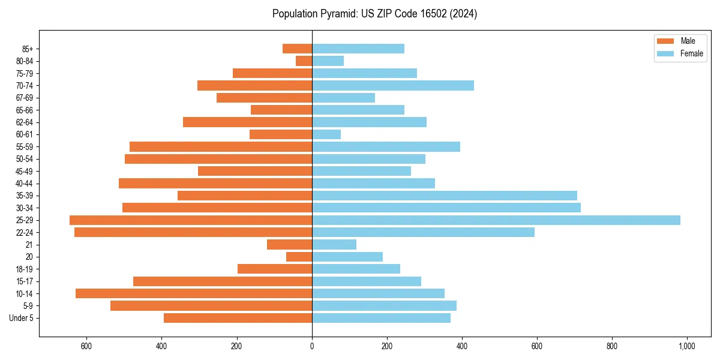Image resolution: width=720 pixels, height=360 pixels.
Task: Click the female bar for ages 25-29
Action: pyautogui.click(x=496, y=220)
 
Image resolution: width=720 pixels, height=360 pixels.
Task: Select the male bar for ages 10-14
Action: pyautogui.click(x=194, y=293)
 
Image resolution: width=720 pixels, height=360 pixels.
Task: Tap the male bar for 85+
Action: pyautogui.click(x=297, y=49)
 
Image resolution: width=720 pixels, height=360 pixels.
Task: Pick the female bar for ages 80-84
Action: pyautogui.click(x=328, y=61)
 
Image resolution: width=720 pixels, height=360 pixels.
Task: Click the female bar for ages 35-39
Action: pyautogui.click(x=444, y=196)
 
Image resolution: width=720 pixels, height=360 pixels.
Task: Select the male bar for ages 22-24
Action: pyautogui.click(x=193, y=232)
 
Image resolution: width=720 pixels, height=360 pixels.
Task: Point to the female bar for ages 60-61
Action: pyautogui.click(x=326, y=134)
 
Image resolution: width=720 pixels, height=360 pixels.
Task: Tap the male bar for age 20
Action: pyautogui.click(x=299, y=257)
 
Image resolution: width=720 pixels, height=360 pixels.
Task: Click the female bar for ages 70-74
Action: pyautogui.click(x=393, y=85)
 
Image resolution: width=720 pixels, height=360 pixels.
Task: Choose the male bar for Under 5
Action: pyautogui.click(x=238, y=318)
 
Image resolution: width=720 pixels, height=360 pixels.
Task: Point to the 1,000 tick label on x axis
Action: pyautogui.click(x=686, y=346)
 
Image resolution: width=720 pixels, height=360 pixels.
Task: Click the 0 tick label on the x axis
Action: pyautogui.click(x=312, y=346)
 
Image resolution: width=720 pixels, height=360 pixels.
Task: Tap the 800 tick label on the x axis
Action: pyautogui.click(x=612, y=346)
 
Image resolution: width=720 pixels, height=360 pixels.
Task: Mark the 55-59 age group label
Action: pyautogui.click(x=25, y=147)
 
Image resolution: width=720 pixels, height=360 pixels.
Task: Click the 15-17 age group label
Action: pyautogui.click(x=25, y=281)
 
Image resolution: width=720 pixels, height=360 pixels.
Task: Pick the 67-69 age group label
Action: pyautogui.click(x=25, y=98)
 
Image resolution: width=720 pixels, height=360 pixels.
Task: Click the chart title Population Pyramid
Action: pyautogui.click(x=374, y=14)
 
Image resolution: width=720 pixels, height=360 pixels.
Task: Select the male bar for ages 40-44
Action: pyautogui.click(x=215, y=184)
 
